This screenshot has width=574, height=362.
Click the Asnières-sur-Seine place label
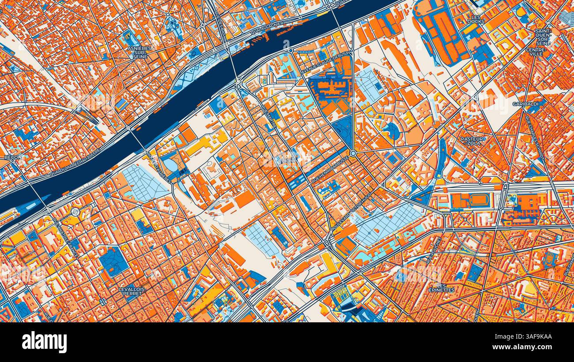(140, 52)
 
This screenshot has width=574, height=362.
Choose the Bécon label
(13, 157)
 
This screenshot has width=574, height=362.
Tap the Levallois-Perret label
(132, 291)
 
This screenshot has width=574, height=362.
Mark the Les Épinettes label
(441, 287)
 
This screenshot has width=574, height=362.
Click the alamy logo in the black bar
(44, 342)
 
